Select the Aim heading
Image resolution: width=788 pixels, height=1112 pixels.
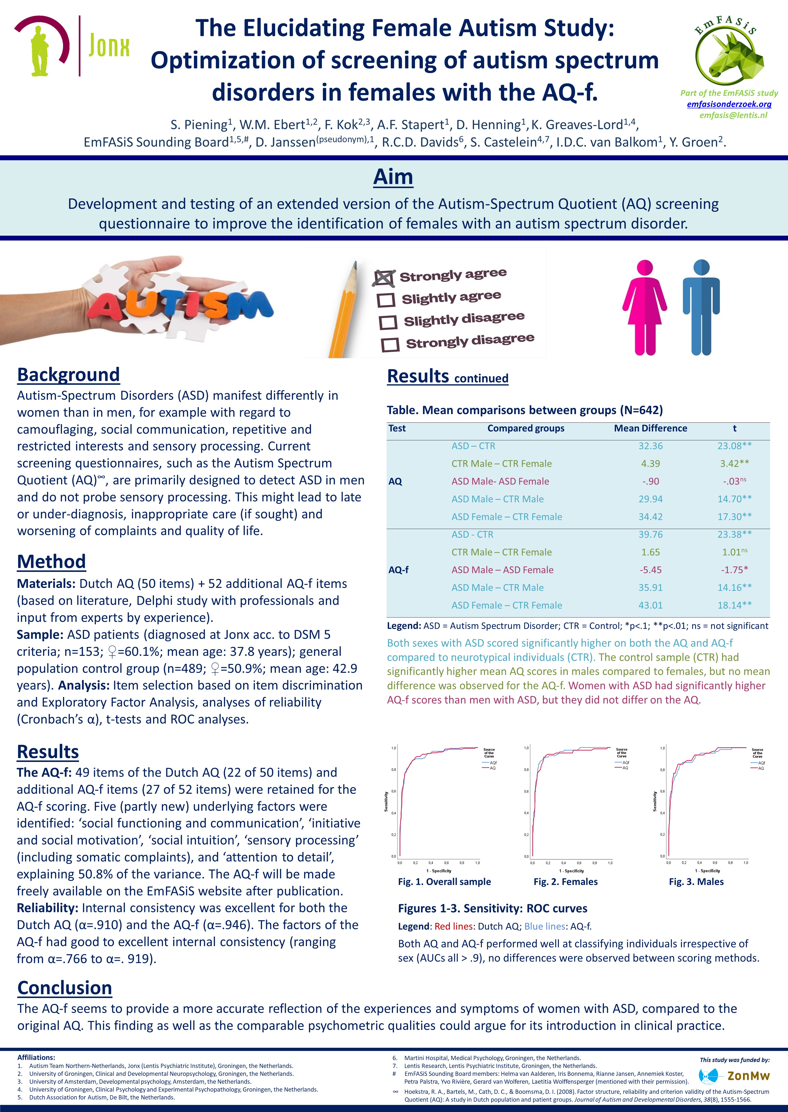tap(393, 177)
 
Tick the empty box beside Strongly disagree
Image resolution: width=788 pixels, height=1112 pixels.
tap(390, 345)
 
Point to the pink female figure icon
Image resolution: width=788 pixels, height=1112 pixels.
tap(644, 307)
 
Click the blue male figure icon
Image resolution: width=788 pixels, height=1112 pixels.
tap(701, 307)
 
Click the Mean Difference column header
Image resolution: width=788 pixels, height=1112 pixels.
tap(650, 428)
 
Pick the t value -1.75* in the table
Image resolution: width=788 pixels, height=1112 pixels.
tap(734, 570)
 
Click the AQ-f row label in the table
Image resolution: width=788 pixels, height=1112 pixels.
tap(398, 570)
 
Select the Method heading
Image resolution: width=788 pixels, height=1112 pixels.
tap(51, 562)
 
